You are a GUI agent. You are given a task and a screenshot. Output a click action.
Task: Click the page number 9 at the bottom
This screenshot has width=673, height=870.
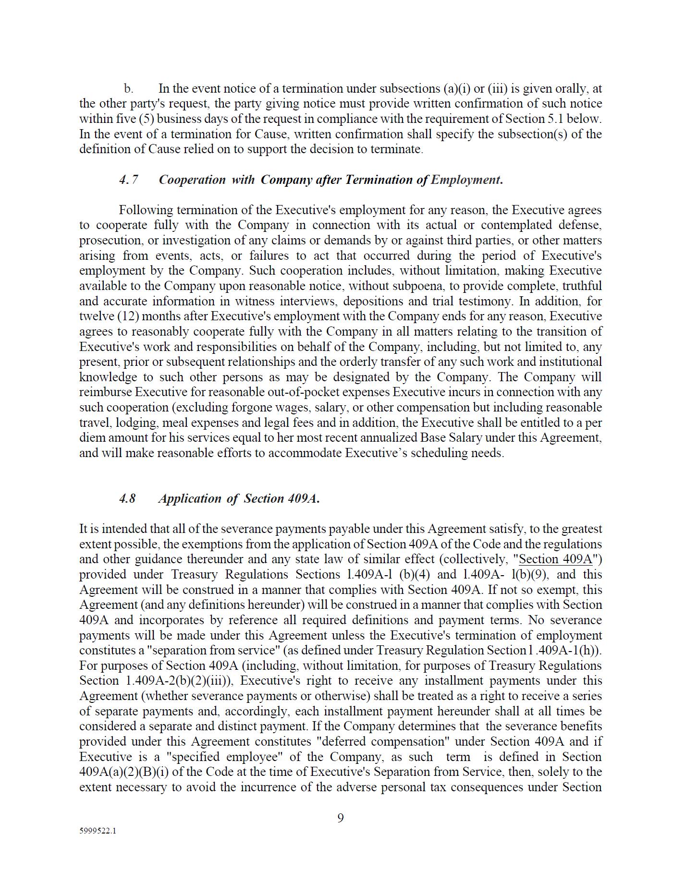pos(340,818)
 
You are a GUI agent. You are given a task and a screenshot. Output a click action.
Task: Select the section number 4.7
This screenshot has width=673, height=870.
pos(129,180)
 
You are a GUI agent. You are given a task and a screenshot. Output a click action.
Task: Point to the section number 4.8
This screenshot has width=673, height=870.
pos(127,498)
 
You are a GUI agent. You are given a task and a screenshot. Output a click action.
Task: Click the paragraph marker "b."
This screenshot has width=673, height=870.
pos(128,89)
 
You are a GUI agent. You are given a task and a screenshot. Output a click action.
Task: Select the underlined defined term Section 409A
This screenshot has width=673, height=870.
pos(556,559)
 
